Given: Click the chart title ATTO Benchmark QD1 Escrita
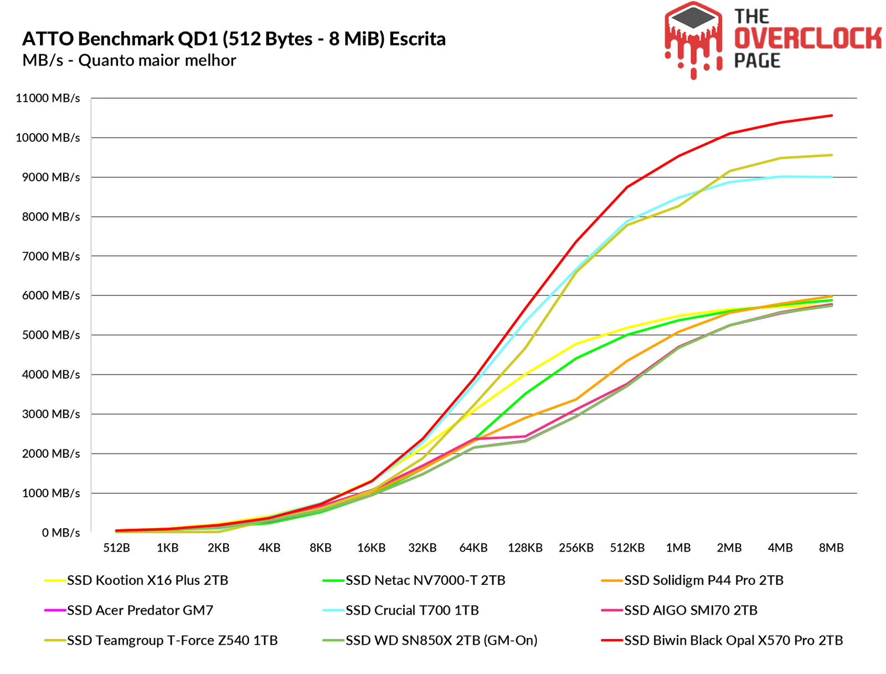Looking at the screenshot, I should (x=234, y=39).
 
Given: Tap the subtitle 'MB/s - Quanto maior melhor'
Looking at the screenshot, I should (x=129, y=60).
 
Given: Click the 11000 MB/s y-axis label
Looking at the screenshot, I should (x=48, y=98).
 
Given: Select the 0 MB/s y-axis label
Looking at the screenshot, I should (x=61, y=533).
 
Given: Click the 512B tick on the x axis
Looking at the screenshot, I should (x=116, y=548).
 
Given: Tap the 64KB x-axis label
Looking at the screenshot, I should (x=473, y=548).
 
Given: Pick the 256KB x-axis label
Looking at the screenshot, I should (x=576, y=548).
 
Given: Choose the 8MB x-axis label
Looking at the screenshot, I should (x=831, y=548).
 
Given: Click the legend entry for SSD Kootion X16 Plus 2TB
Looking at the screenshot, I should (x=147, y=580).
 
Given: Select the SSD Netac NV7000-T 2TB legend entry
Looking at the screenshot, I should (x=425, y=580).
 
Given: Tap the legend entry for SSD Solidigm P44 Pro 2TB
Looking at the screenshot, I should (x=703, y=580).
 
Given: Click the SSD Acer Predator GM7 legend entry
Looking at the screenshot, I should (x=140, y=610).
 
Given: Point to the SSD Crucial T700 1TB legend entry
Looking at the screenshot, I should (x=412, y=610).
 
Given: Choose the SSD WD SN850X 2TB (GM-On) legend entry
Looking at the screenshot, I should (x=441, y=640).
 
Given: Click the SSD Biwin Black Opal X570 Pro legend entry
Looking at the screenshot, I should (x=733, y=640).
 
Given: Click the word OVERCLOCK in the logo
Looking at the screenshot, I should (x=807, y=39).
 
